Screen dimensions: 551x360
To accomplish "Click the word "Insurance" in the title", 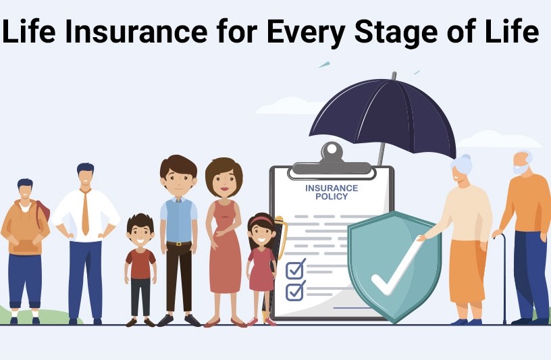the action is [136, 31].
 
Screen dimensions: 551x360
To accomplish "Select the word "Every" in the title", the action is [305, 33].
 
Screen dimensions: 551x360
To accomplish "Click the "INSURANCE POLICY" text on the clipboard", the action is [332, 192].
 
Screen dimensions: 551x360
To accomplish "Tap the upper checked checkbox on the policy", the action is [295, 269].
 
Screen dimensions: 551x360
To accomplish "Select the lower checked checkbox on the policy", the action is [295, 291].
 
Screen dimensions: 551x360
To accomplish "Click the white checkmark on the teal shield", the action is [396, 268].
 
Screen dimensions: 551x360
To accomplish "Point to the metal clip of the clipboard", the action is [332, 160].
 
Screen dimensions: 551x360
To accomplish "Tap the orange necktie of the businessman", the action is [85, 212].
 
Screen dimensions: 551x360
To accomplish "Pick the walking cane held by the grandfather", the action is [503, 278].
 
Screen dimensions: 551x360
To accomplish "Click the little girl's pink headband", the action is [262, 220].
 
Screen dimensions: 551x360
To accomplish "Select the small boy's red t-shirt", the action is [140, 263].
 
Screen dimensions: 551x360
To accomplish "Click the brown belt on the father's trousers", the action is [179, 243].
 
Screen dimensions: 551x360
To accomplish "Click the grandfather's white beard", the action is [521, 169].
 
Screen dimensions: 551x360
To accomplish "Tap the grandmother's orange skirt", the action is [467, 272].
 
